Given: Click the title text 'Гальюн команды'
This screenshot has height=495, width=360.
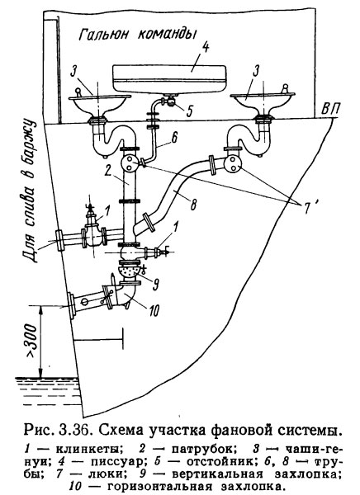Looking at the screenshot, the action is pos(136,34).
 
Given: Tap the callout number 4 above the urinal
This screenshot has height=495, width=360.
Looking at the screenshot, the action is pos(205,49).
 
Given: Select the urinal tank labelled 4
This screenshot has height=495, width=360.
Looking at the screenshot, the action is pos(170,79).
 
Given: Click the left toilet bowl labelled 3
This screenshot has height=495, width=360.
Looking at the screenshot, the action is pos(99,104).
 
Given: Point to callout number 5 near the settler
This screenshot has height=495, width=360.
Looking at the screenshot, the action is pos(190,111).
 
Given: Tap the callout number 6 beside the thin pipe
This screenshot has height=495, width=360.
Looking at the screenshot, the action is pos(174,138).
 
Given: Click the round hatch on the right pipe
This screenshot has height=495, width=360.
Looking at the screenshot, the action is pos(233,164).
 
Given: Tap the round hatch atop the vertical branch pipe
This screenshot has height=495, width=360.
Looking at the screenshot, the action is pos(130,163).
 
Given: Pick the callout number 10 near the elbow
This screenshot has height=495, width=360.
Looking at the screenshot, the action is pos(154,311).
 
